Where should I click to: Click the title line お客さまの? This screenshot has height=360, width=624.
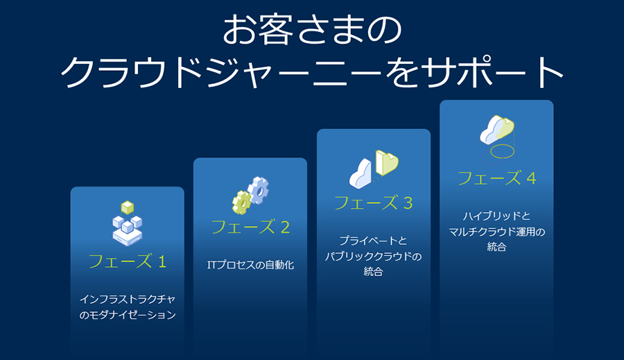(x=312, y=30)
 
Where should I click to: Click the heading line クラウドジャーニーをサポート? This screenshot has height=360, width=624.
(x=312, y=72)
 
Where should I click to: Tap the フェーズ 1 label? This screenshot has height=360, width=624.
(x=128, y=262)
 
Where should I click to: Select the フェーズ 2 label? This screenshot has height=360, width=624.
(x=250, y=227)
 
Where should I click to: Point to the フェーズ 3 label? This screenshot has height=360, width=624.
(x=373, y=203)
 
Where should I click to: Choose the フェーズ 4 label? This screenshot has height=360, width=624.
(x=496, y=178)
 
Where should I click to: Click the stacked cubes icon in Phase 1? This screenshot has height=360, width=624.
(x=128, y=224)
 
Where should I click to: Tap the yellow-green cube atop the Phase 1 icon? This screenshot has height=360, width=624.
(x=128, y=207)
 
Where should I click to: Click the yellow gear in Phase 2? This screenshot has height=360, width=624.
(x=241, y=203)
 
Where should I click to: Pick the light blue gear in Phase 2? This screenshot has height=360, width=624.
(x=259, y=191)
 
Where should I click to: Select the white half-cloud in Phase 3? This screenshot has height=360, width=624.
(x=361, y=173)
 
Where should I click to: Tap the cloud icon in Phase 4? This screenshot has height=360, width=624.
(x=497, y=130)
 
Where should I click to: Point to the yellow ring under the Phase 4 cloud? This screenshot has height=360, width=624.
(x=502, y=151)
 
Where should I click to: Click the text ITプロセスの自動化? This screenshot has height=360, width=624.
(x=250, y=265)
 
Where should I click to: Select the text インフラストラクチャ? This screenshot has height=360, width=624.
(x=128, y=299)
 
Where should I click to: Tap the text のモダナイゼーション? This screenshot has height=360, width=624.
(x=128, y=315)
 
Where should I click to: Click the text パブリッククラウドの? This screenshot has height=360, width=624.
(x=373, y=256)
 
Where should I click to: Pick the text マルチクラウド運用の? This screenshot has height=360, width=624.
(x=496, y=232)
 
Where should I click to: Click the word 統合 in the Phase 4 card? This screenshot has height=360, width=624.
(x=496, y=247)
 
